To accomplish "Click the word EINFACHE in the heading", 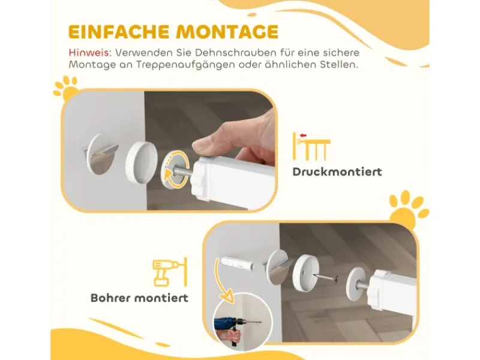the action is pyautogui.click(x=119, y=32).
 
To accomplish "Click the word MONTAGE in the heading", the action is pyautogui.click(x=227, y=32).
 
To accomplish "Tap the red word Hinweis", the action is pyautogui.click(x=89, y=53).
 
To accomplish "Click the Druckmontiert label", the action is pyautogui.click(x=337, y=172).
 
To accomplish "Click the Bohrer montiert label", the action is pyautogui.click(x=140, y=298).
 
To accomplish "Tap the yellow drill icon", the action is pyautogui.click(x=170, y=272).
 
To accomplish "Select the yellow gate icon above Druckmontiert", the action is pyautogui.click(x=311, y=146).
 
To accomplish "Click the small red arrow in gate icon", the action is pyautogui.click(x=303, y=135).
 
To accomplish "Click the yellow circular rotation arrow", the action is pyautogui.click(x=173, y=175).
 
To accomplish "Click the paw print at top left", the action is pyautogui.click(x=66, y=88).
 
